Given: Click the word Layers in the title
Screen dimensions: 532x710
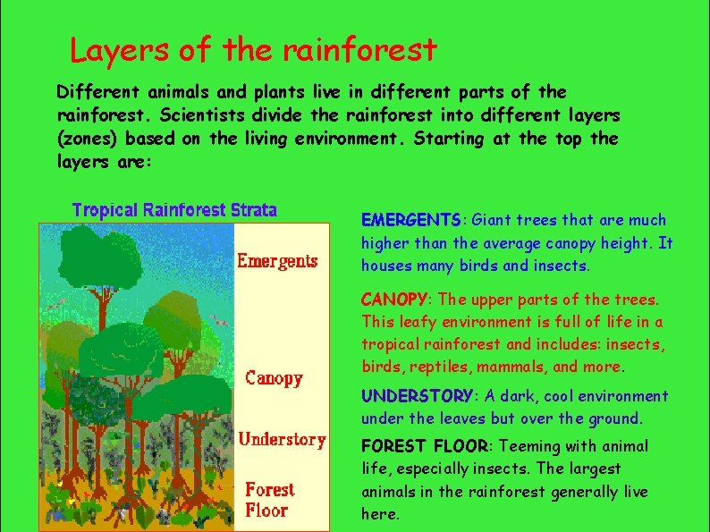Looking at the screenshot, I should click(x=120, y=50).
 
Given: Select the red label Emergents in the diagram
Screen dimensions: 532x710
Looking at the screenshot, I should click(x=277, y=261).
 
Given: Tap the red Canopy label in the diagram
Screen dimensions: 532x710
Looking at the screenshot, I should click(x=274, y=378).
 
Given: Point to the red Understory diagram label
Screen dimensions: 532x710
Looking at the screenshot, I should click(x=283, y=439).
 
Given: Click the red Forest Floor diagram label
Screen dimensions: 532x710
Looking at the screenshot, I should click(x=269, y=500).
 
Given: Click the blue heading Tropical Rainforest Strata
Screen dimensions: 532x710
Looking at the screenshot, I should click(x=174, y=210).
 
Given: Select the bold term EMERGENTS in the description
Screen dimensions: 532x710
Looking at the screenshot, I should click(x=410, y=220).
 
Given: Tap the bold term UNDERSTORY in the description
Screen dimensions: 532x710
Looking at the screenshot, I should click(x=417, y=396).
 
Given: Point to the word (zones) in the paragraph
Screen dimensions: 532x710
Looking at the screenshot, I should click(x=87, y=139).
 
